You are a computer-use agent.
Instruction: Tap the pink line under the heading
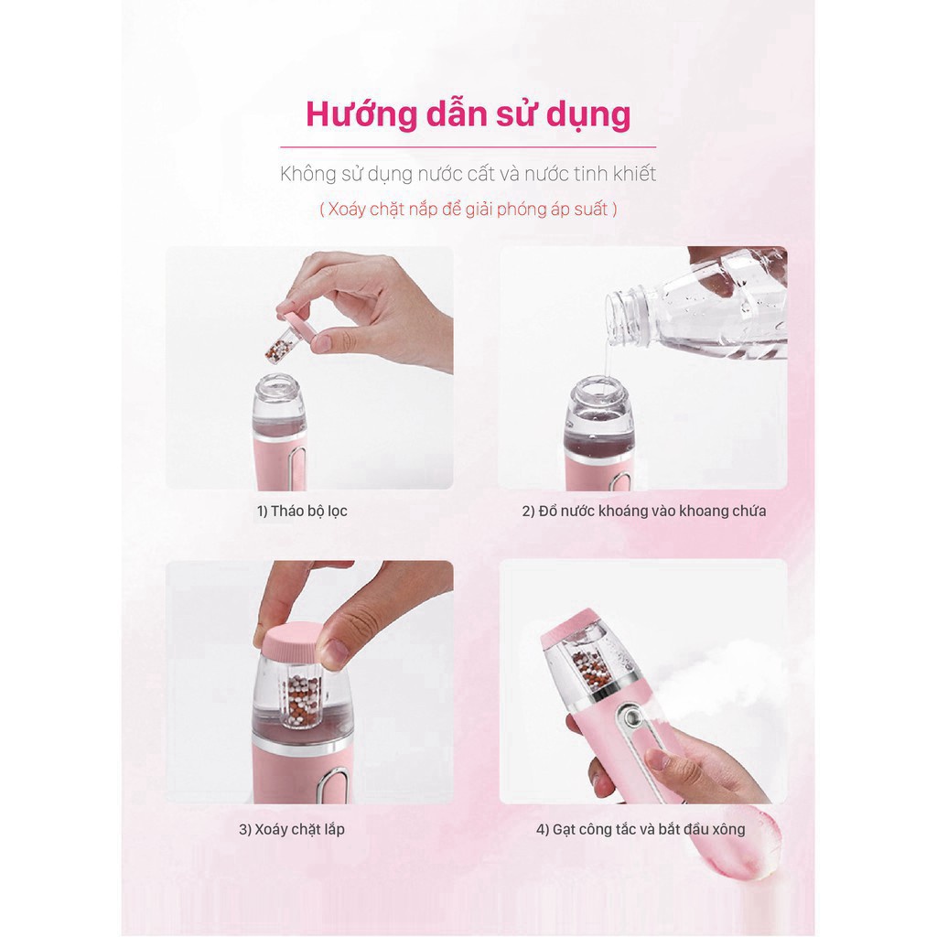(x=468, y=146)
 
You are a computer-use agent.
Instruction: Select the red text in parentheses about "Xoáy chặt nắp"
(x=468, y=209)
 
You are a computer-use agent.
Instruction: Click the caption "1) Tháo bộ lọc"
(x=302, y=511)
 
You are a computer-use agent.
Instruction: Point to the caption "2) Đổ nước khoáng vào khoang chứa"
(x=643, y=511)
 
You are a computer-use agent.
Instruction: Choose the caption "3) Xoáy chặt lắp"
(x=292, y=830)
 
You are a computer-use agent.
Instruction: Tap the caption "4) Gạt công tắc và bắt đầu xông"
(x=641, y=830)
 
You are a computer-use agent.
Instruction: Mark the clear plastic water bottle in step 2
(x=705, y=307)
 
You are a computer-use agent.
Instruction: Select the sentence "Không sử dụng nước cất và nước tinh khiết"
(x=468, y=173)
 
